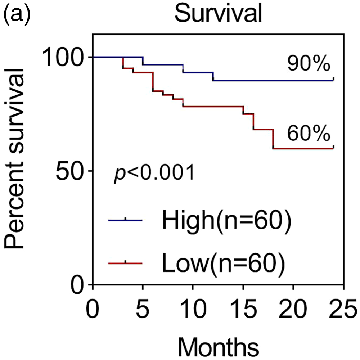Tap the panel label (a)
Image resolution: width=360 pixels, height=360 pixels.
tap(17, 14)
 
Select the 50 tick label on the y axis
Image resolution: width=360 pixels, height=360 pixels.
tap(69, 171)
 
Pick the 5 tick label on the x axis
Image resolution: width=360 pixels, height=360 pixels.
tap(143, 309)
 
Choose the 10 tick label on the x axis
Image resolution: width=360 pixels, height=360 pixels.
tap(193, 309)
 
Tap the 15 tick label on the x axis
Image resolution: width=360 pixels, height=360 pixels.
tap(243, 309)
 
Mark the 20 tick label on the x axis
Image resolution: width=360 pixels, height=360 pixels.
tap(293, 309)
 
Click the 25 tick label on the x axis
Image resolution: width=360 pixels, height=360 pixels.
tap(343, 309)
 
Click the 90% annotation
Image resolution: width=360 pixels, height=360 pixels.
tap(309, 64)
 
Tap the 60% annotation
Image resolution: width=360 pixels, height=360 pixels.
tap(309, 134)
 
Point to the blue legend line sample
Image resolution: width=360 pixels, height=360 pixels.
tap(125, 220)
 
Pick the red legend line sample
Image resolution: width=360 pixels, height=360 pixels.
tap(125, 263)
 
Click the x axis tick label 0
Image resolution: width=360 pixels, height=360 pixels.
tap(93, 309)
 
